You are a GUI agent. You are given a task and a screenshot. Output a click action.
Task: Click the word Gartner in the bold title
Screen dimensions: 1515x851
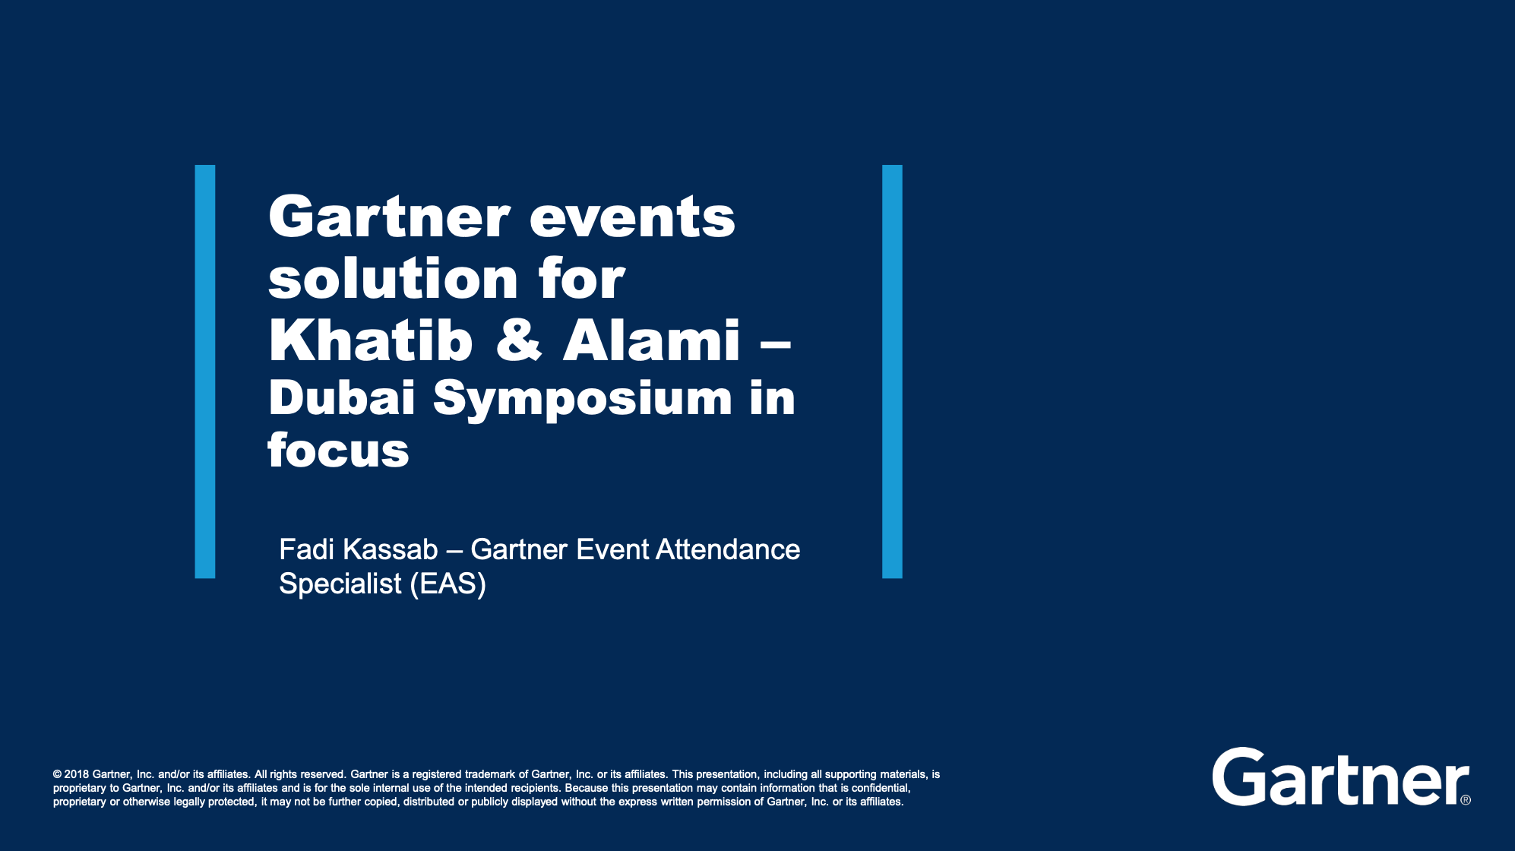(389, 217)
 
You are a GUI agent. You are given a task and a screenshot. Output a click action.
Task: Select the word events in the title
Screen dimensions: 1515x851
(632, 218)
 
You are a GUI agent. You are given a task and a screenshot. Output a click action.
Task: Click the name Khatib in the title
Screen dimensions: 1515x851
(371, 340)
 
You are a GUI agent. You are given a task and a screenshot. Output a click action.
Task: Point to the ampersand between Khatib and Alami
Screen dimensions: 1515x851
(519, 340)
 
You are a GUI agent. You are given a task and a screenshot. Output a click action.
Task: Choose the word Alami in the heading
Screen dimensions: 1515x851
(651, 340)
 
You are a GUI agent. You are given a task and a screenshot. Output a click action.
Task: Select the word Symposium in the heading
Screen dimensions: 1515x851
(583, 400)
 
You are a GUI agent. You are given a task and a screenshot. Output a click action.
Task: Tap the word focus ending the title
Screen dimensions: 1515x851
(338, 450)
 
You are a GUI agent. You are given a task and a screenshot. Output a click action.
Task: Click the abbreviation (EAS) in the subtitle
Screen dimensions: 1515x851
(448, 584)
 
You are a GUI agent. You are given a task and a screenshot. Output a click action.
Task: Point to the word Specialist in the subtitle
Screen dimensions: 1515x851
(340, 584)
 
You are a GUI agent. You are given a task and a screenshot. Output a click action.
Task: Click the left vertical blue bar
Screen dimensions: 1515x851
(205, 372)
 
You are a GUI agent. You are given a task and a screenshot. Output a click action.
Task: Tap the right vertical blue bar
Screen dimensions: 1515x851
(892, 372)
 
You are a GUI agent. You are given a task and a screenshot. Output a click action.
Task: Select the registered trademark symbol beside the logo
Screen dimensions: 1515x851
(1466, 799)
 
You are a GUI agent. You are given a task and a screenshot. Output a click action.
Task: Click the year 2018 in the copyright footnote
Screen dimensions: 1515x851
(77, 774)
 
